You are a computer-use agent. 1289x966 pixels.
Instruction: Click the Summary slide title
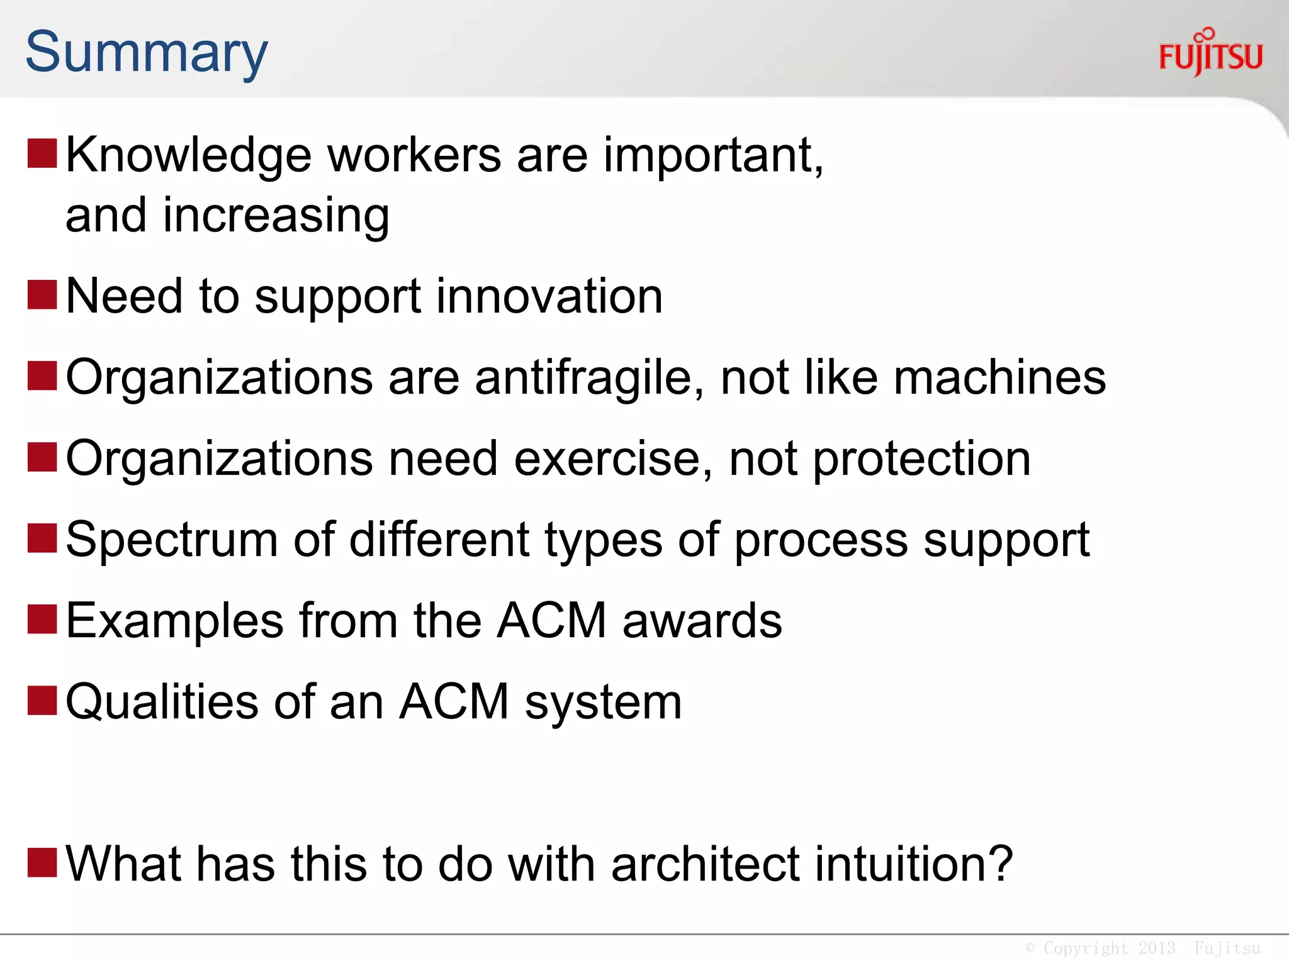coord(147,53)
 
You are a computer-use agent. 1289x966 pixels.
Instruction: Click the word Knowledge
coord(189,155)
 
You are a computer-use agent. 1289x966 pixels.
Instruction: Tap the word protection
coord(921,460)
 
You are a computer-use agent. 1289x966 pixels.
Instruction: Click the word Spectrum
coord(172,541)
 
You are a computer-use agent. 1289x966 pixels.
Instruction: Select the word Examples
coord(175,621)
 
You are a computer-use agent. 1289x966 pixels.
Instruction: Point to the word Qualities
coord(162,702)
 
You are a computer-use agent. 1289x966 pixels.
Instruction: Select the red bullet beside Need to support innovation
coord(42,295)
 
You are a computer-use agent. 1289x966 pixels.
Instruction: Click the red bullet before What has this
coord(42,862)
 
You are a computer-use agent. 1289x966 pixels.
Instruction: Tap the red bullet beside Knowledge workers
coord(42,154)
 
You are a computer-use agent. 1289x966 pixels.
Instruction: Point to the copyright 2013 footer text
coord(1142,948)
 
